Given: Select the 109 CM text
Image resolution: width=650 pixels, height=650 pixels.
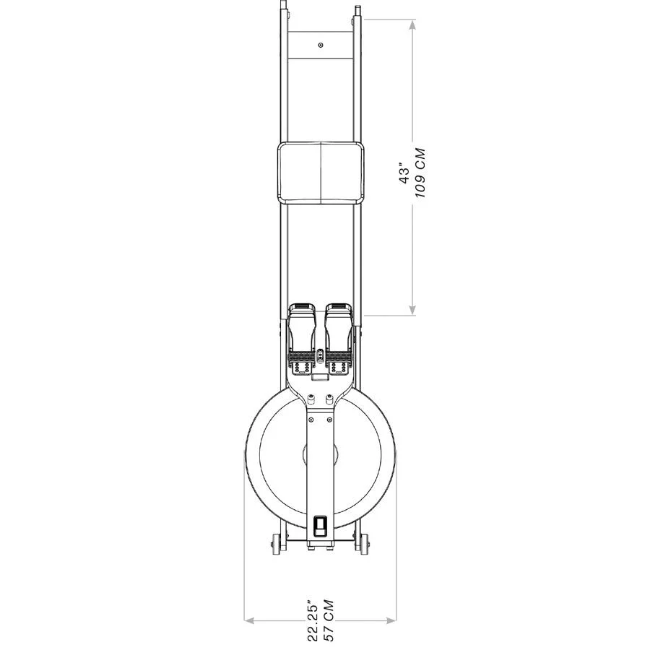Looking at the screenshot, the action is point(420,173).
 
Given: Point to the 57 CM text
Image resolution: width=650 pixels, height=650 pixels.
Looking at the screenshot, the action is point(329,620).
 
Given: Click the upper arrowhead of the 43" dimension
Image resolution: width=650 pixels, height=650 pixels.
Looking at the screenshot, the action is point(412,25).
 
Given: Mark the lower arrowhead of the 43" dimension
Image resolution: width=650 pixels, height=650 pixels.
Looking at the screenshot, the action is point(412,310).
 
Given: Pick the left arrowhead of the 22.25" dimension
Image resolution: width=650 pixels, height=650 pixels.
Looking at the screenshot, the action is point(249,620).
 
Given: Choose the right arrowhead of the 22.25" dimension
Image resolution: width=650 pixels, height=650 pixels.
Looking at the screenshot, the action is point(391,620).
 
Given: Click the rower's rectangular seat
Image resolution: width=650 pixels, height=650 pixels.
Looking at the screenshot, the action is point(321,173).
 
